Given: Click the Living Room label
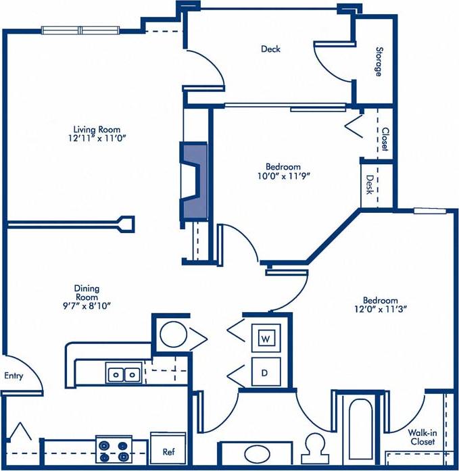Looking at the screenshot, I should click(x=101, y=129).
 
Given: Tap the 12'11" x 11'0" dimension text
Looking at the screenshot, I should click(x=101, y=138).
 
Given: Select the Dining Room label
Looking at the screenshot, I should click(x=87, y=293).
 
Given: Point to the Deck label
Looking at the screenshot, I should click(x=270, y=49).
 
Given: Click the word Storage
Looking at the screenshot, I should click(x=379, y=61).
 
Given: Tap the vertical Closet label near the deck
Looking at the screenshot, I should click(x=384, y=139).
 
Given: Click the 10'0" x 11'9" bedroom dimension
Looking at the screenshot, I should click(x=282, y=175).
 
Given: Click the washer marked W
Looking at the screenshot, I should click(x=266, y=338).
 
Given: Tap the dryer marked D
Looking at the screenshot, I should click(x=266, y=371).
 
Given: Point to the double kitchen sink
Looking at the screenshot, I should click(x=124, y=372).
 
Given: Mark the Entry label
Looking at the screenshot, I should click(x=14, y=376).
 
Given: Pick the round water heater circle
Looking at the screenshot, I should click(x=172, y=334).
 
